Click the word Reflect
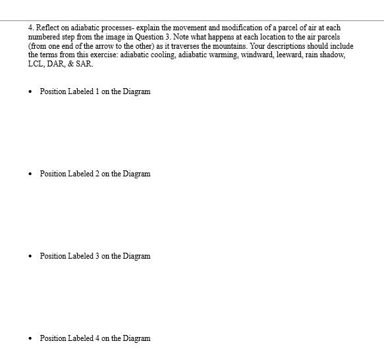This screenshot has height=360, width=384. pyautogui.click(x=47, y=28)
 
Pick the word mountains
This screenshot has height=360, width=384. pyautogui.click(x=244, y=46)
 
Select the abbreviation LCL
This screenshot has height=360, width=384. pyautogui.click(x=36, y=64)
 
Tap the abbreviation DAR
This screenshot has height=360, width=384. pyautogui.click(x=58, y=64)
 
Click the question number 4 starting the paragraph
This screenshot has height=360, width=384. pyautogui.click(x=30, y=28)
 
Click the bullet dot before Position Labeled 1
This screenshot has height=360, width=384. pyautogui.click(x=30, y=91)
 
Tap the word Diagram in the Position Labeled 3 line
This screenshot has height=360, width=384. pyautogui.click(x=136, y=256)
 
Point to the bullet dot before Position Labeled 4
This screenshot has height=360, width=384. pyautogui.click(x=30, y=338)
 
